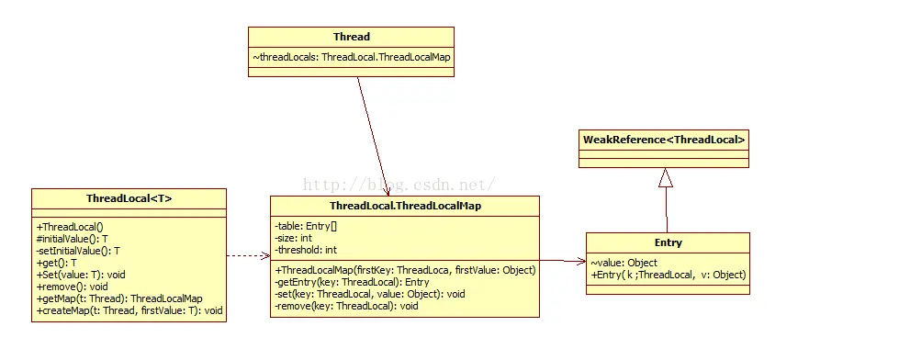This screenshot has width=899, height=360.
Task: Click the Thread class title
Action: [x=352, y=37]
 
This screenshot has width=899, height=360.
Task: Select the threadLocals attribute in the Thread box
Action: [x=352, y=57]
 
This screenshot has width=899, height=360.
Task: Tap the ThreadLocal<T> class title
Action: [x=129, y=199]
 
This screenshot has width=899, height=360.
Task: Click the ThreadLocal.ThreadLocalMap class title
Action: [x=405, y=206]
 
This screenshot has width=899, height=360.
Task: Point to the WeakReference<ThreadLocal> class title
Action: [x=664, y=140]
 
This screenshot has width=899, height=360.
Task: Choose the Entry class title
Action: [x=668, y=242]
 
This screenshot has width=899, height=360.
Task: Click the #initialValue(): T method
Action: [x=73, y=239]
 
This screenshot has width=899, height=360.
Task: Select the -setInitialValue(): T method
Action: [x=78, y=251]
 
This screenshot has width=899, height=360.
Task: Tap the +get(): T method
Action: [x=56, y=263]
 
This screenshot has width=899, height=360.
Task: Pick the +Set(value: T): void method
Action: [x=80, y=275]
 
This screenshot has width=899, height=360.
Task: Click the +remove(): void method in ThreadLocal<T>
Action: [x=72, y=287]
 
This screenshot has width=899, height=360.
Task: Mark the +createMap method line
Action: [x=129, y=310]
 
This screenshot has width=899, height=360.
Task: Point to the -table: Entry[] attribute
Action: [x=306, y=226]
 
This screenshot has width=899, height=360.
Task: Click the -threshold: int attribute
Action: [x=306, y=250]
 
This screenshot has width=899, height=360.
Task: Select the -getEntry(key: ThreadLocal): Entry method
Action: [x=352, y=282]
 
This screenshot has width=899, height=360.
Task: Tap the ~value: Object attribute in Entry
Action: [x=624, y=263]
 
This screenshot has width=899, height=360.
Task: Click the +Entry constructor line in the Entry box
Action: [x=669, y=275]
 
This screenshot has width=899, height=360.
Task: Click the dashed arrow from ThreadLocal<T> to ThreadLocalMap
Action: [x=248, y=255]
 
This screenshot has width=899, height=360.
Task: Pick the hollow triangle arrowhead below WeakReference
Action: [x=665, y=178]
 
